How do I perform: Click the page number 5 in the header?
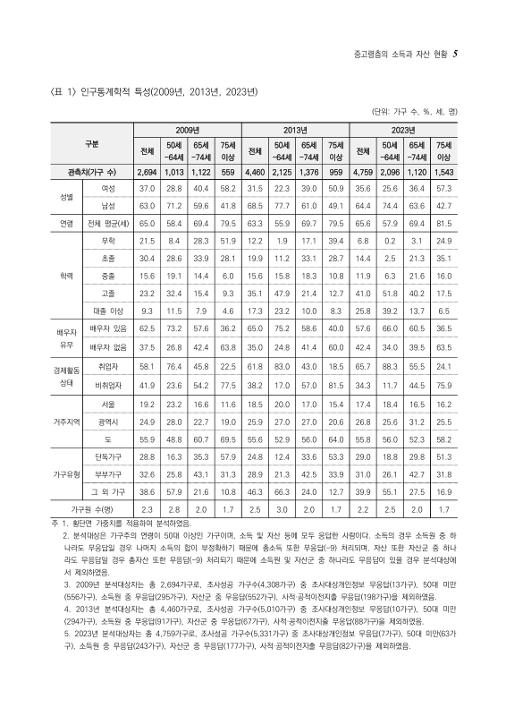click(x=456, y=55)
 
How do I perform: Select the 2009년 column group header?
click(x=186, y=130)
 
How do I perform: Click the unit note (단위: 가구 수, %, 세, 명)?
click(x=415, y=111)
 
